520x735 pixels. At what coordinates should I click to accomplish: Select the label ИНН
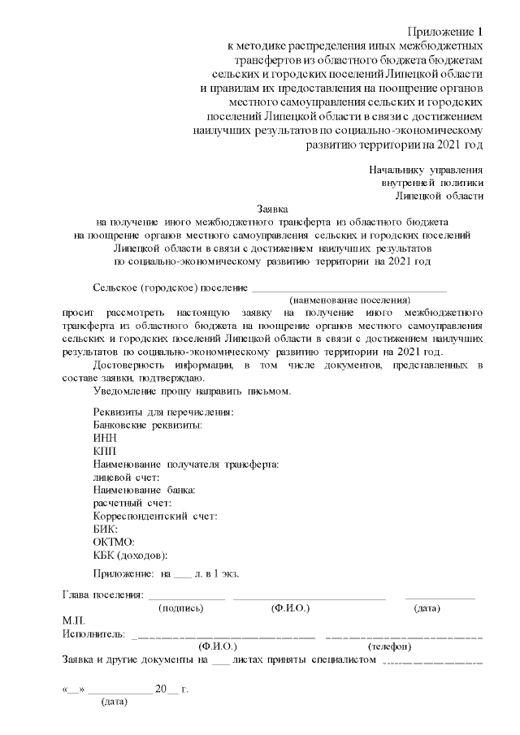(x=105, y=437)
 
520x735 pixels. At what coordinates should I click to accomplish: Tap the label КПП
(x=106, y=450)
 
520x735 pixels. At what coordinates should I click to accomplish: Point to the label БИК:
(x=106, y=528)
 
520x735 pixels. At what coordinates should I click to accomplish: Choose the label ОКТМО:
(x=114, y=541)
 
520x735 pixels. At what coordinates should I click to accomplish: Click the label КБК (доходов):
(x=131, y=555)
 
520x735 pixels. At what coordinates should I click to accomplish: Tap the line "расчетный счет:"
(x=132, y=503)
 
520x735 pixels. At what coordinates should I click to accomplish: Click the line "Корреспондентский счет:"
(x=155, y=516)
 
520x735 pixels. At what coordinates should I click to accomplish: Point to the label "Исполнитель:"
(x=93, y=633)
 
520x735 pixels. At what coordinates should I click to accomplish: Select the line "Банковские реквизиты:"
(x=148, y=425)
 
